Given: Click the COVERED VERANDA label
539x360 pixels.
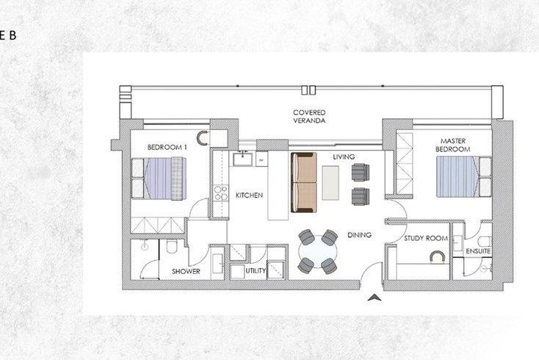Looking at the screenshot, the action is (x=309, y=117).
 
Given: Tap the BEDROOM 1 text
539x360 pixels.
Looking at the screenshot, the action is (x=167, y=148).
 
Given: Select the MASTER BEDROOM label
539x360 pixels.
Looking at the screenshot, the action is (x=453, y=145).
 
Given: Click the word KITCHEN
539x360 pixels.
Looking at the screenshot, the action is (x=249, y=195).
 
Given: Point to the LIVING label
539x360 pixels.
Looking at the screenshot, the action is (x=344, y=156).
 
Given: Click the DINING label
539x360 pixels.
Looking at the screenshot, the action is (x=359, y=235).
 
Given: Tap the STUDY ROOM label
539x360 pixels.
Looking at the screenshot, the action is (x=426, y=238).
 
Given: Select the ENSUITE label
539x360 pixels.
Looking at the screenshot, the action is (x=478, y=251).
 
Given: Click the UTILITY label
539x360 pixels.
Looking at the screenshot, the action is (x=256, y=271).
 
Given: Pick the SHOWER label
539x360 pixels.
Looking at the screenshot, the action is (x=186, y=271).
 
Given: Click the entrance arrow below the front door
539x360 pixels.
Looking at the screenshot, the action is (x=375, y=298).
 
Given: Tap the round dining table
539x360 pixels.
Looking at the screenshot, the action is (x=318, y=252).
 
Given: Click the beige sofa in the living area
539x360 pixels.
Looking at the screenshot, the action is (x=304, y=183).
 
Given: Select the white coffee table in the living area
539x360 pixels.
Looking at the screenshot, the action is (x=330, y=183).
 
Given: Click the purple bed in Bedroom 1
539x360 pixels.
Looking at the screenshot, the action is (x=159, y=179).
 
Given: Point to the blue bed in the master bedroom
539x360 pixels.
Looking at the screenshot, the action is (x=463, y=177).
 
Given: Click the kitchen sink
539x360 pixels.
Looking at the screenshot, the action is (x=242, y=159).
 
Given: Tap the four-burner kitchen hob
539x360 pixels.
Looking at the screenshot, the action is (x=220, y=193).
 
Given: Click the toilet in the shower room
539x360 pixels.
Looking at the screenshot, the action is (x=172, y=246).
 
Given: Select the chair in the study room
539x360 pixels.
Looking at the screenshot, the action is (x=437, y=257).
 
